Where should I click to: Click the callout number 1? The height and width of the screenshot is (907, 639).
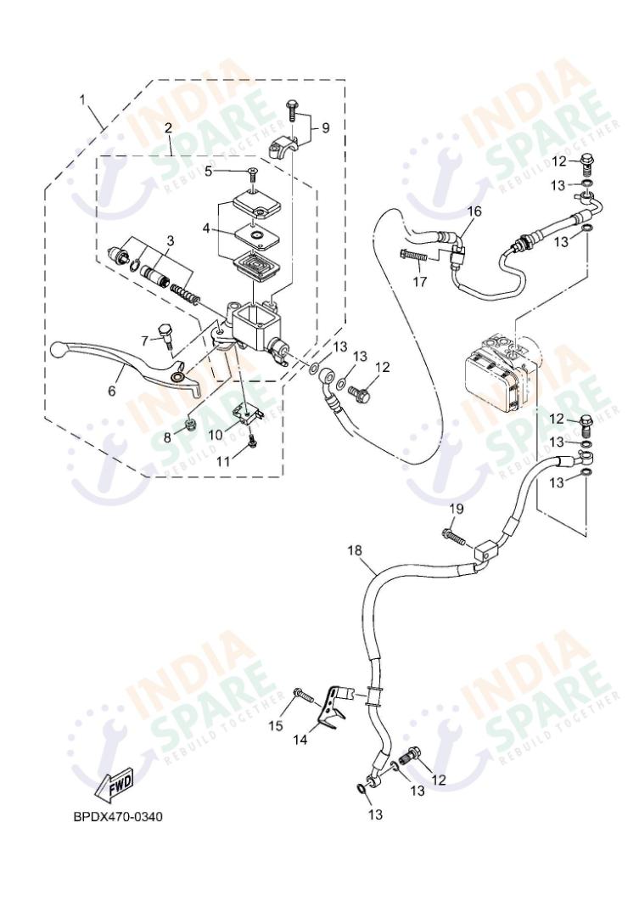pos(83,99)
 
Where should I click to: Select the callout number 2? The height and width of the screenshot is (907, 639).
pos(168,128)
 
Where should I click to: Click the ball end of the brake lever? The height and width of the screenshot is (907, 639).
pos(60,348)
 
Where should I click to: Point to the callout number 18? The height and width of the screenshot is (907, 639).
pos(355,551)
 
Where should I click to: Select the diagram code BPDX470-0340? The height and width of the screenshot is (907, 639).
pos(117,817)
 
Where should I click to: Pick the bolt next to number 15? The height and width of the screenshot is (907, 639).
pos(303,695)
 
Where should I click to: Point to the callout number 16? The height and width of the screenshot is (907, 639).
pos(474,211)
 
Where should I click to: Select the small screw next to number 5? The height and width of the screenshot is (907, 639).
pos(252,173)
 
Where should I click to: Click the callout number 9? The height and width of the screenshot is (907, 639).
pos(325,128)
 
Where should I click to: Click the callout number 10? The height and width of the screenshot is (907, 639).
pos(216,434)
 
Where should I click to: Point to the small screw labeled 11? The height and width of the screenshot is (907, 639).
pos(253,442)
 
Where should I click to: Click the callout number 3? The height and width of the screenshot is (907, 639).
pos(170,241)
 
